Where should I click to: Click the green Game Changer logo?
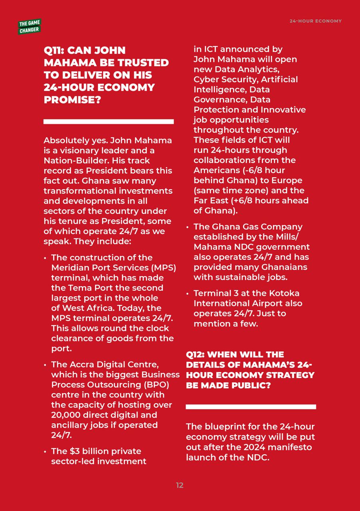(29, 26)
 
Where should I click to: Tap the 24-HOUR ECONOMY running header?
(315, 21)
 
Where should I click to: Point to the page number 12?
(180, 485)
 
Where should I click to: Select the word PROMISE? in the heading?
(72, 100)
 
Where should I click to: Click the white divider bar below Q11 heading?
(108, 121)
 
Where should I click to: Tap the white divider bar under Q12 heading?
(251, 407)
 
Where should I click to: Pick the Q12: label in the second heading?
(196, 355)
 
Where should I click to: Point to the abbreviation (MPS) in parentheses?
(163, 267)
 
